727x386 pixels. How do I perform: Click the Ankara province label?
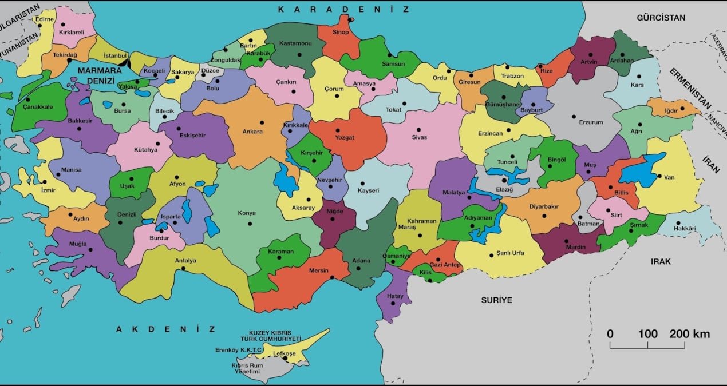point(252,132)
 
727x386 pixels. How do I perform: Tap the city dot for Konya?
point(250,224)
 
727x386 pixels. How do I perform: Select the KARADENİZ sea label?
point(344,9)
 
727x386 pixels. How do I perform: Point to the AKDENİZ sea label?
point(165,329)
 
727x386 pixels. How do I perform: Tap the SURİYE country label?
point(496,300)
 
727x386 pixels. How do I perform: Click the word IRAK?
point(660,261)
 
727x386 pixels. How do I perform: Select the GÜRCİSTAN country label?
point(661,18)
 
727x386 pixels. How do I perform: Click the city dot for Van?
point(659,176)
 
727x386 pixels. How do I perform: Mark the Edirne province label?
point(44,19)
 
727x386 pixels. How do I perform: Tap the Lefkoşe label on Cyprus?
point(285,353)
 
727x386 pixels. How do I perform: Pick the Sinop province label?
point(341,32)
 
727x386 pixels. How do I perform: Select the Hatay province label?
point(395,296)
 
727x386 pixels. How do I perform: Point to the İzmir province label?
point(48,190)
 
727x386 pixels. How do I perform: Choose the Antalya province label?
point(185,261)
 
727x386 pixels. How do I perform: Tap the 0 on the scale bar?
point(610,334)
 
